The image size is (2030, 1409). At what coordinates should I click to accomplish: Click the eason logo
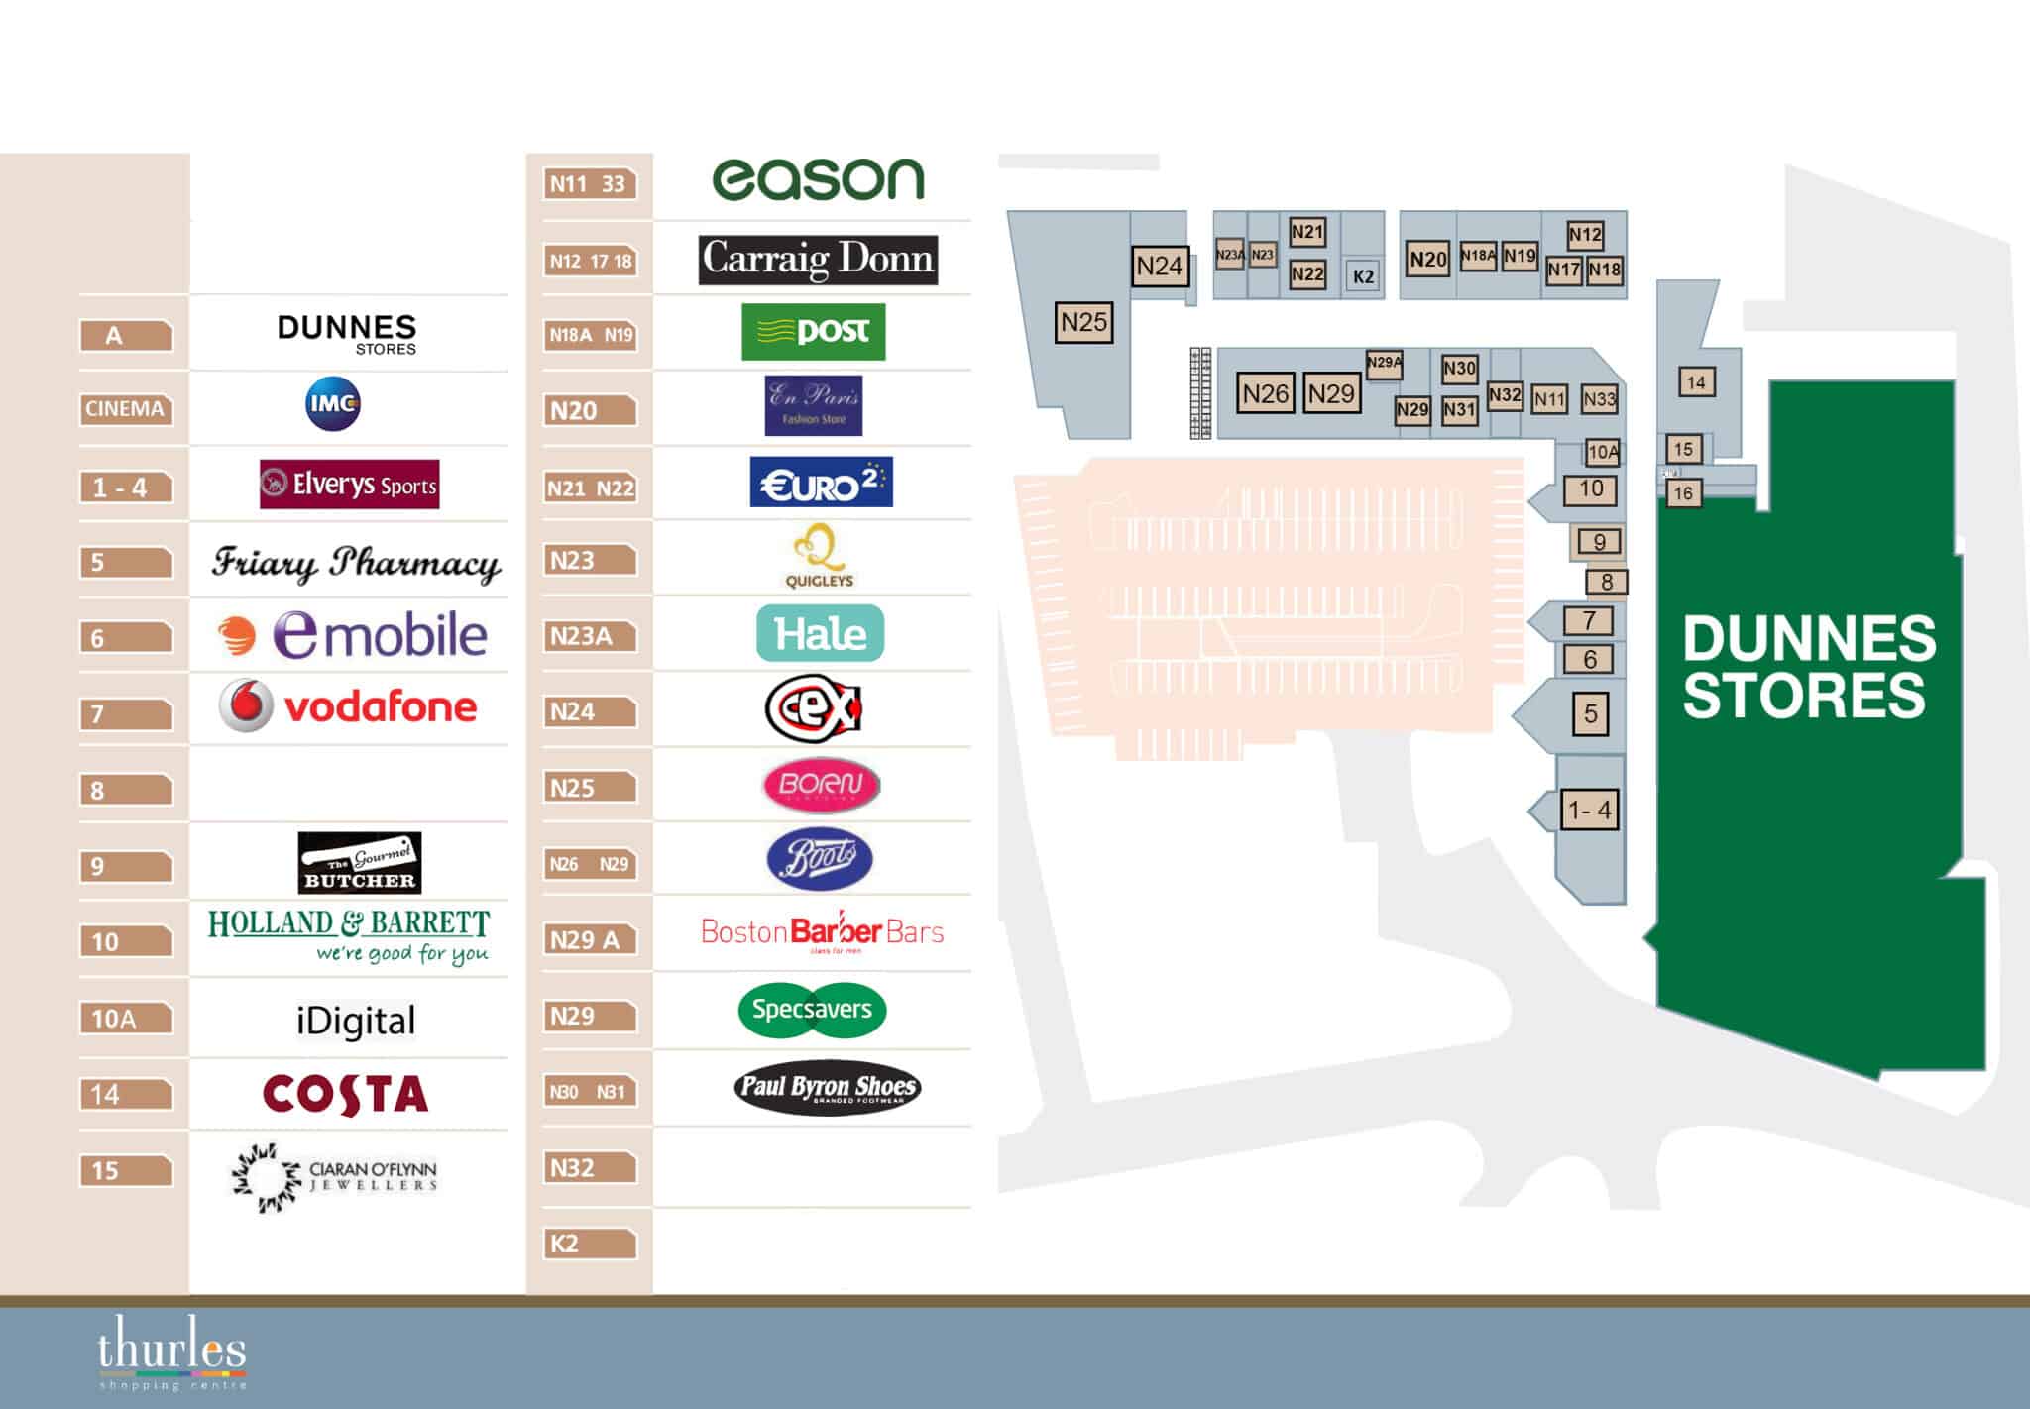pyautogui.click(x=818, y=179)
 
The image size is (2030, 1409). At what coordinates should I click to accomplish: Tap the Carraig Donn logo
pyautogui.click(x=818, y=260)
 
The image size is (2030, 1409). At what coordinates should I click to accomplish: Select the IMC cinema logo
pyautogui.click(x=333, y=405)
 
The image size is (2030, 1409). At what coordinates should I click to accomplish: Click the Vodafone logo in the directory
pyautogui.click(x=348, y=705)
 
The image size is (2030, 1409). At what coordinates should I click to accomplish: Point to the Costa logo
pyautogui.click(x=346, y=1095)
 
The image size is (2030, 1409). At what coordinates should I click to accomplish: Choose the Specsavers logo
pyautogui.click(x=812, y=1010)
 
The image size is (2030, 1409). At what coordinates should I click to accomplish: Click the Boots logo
pyautogui.click(x=820, y=858)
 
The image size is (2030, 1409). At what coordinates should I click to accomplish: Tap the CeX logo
pyautogui.click(x=814, y=708)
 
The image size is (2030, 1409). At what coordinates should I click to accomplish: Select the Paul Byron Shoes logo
pyautogui.click(x=829, y=1087)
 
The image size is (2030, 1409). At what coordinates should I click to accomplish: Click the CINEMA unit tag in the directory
pyautogui.click(x=125, y=409)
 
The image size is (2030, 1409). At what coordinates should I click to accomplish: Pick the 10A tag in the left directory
pyautogui.click(x=125, y=1019)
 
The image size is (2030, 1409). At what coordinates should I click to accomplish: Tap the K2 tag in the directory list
pyautogui.click(x=589, y=1244)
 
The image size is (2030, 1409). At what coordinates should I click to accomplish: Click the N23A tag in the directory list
pyautogui.click(x=589, y=636)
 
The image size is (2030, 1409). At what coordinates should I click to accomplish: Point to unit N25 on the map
pyautogui.click(x=1083, y=322)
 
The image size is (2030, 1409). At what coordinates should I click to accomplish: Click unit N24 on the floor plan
pyautogui.click(x=1159, y=266)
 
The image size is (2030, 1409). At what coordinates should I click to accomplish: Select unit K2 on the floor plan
pyautogui.click(x=1364, y=276)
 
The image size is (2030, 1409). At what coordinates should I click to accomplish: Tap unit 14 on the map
pyautogui.click(x=1696, y=381)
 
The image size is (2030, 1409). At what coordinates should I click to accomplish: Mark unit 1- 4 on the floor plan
pyautogui.click(x=1590, y=811)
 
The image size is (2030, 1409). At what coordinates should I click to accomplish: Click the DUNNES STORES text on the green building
pyautogui.click(x=1808, y=666)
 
